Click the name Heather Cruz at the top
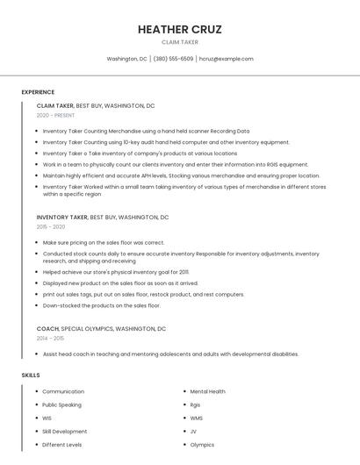[x=179, y=29]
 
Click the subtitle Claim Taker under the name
[x=179, y=42]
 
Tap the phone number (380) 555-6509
[x=173, y=59]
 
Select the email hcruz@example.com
[x=226, y=59]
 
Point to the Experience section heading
[x=38, y=92]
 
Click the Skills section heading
[x=31, y=375]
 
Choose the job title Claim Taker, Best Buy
[x=96, y=105]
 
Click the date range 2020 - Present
[x=55, y=115]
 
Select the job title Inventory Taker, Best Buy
[x=103, y=217]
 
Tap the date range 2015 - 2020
[x=51, y=226]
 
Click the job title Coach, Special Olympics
[x=101, y=328]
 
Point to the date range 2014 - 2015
[x=50, y=338]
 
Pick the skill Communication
[x=63, y=391]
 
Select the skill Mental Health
[x=207, y=391]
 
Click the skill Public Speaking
[x=61, y=404]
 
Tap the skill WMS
[x=196, y=418]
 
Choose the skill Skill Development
[x=65, y=431]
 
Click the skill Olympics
[x=202, y=444]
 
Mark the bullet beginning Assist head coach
[x=170, y=354]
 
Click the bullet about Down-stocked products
[x=101, y=305]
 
